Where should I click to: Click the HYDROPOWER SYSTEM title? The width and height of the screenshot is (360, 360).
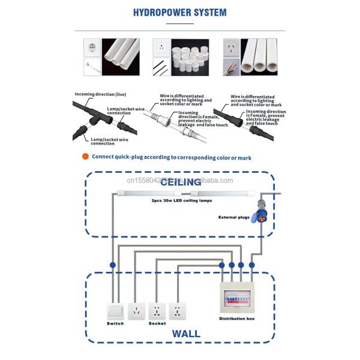[180, 12]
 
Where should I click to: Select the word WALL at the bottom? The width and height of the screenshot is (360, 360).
[186, 334]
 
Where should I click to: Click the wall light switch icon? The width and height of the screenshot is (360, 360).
[115, 311]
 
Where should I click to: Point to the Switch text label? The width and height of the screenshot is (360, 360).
[115, 323]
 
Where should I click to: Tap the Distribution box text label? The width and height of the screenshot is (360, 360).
[236, 319]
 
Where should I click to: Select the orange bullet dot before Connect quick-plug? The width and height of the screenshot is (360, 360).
[86, 157]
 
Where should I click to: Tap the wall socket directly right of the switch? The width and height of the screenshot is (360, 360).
[137, 311]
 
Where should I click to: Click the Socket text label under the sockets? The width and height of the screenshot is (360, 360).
[157, 323]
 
